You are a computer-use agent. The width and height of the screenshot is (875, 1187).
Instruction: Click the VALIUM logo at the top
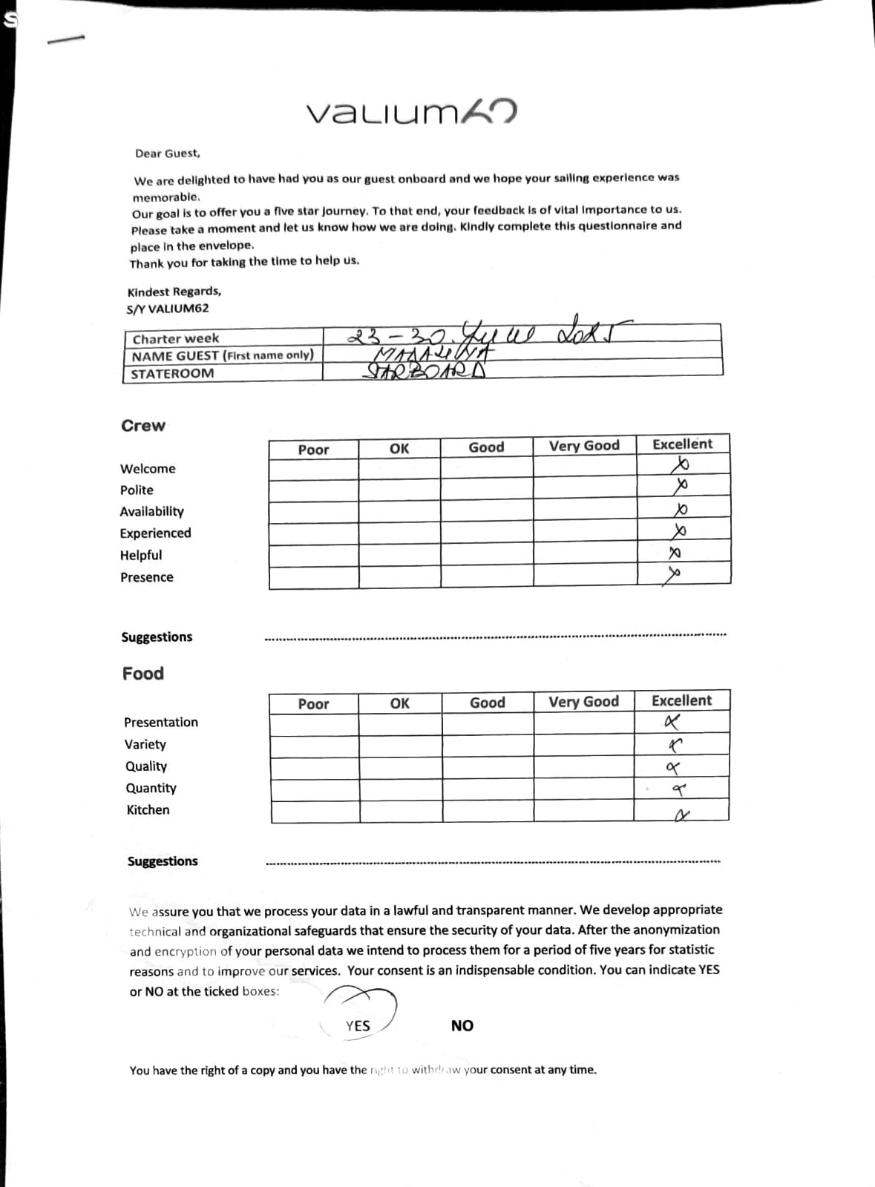411,112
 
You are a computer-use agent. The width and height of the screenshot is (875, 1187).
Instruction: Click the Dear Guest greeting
167,154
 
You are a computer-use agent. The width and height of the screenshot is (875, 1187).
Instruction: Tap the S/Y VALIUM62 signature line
168,309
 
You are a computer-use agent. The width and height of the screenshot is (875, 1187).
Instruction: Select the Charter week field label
176,339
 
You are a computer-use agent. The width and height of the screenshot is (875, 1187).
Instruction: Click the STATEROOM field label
172,374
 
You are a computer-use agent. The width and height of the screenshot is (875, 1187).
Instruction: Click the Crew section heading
143,426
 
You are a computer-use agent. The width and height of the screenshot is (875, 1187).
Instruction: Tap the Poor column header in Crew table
313,450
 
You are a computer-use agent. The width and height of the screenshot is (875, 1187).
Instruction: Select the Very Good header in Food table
583,702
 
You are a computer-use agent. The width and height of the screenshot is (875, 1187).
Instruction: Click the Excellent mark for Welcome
680,465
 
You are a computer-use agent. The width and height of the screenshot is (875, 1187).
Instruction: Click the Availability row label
151,511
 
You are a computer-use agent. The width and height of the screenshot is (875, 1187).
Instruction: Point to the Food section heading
143,674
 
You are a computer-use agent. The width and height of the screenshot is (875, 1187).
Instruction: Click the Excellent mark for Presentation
672,722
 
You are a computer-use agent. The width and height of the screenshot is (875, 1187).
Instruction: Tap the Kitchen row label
148,810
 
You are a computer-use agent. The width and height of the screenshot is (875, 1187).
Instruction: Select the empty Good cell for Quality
488,768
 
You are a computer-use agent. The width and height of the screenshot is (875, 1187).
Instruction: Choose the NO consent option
462,1026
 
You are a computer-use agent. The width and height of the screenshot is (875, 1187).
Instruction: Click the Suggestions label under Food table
163,861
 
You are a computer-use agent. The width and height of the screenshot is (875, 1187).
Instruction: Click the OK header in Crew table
399,449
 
